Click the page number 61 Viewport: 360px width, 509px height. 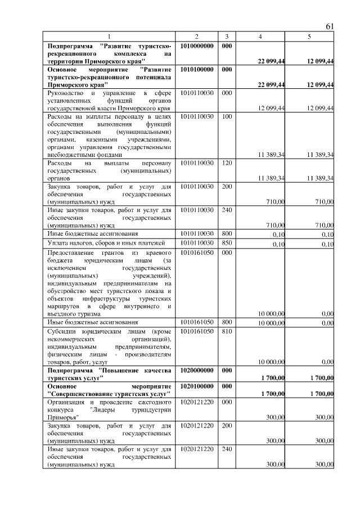[x=330, y=27]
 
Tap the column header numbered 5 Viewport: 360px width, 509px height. [x=309, y=36]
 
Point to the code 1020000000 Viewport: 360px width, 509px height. [x=197, y=371]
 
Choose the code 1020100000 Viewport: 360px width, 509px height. [x=197, y=387]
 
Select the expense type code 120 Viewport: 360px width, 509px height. [x=226, y=163]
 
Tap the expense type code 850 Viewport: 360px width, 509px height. [x=226, y=243]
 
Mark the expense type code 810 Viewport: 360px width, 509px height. [x=226, y=331]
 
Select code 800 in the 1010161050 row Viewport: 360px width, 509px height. [x=226, y=322]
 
